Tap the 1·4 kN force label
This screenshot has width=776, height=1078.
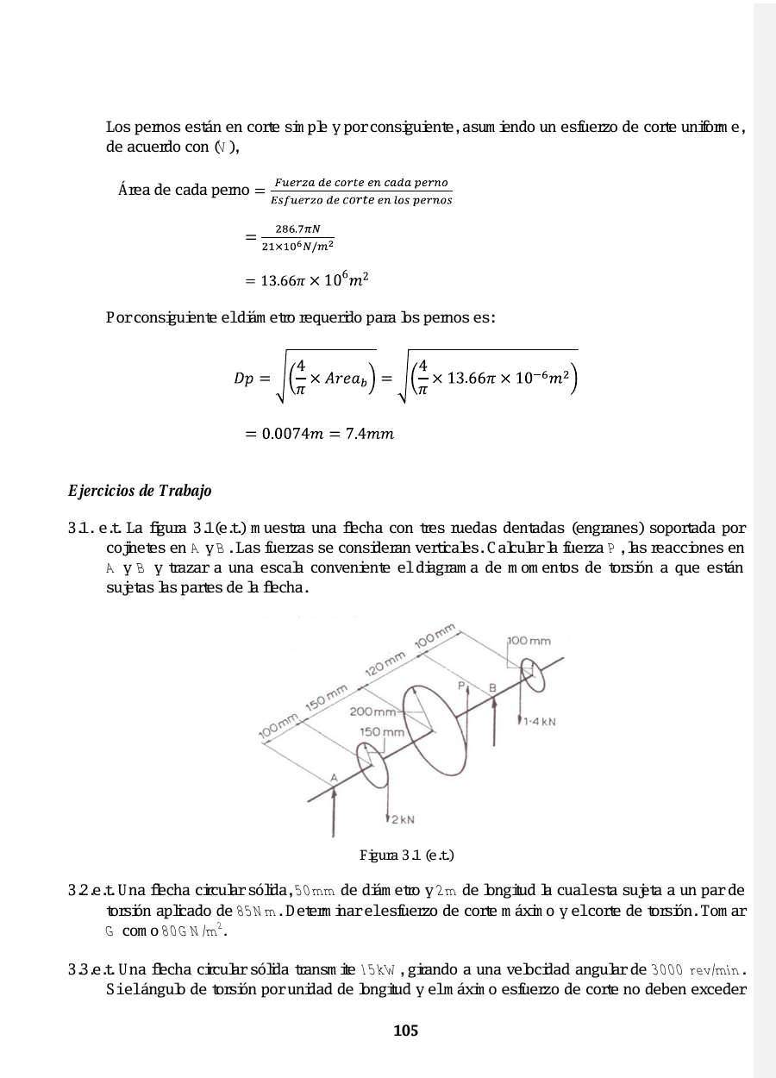pos(539,723)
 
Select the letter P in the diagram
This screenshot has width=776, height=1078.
pos(462,686)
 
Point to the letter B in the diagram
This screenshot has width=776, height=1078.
pos(492,687)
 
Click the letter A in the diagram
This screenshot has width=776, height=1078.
pos(334,777)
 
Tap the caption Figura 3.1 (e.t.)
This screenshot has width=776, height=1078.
pos(406,856)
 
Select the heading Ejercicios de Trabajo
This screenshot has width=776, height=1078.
pos(139,492)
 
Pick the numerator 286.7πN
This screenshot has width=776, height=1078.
pos(290,229)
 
